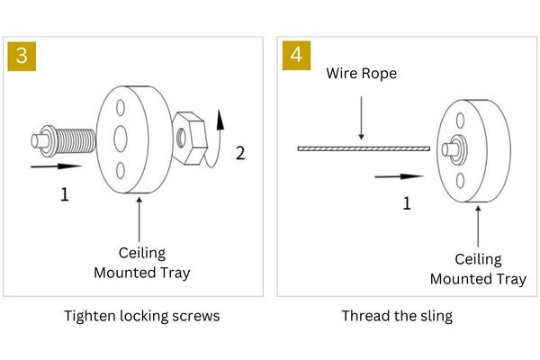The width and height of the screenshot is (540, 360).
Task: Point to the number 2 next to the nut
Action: point(239,153)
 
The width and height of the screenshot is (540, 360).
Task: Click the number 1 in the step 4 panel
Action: point(406,203)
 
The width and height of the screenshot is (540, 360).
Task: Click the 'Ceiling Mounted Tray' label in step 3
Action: point(142,261)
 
